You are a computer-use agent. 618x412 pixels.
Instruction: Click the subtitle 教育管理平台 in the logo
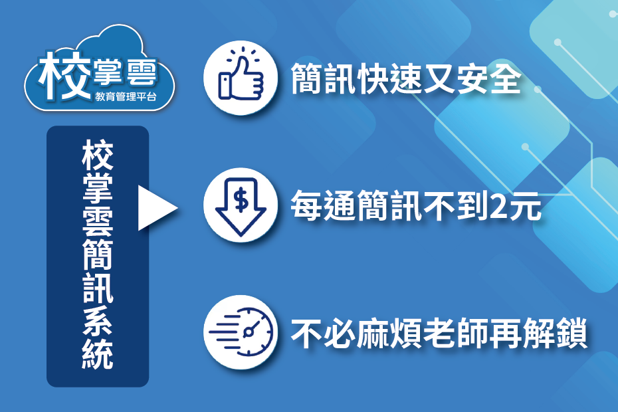click(126, 97)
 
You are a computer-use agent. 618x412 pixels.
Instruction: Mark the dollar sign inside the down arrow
click(241, 198)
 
